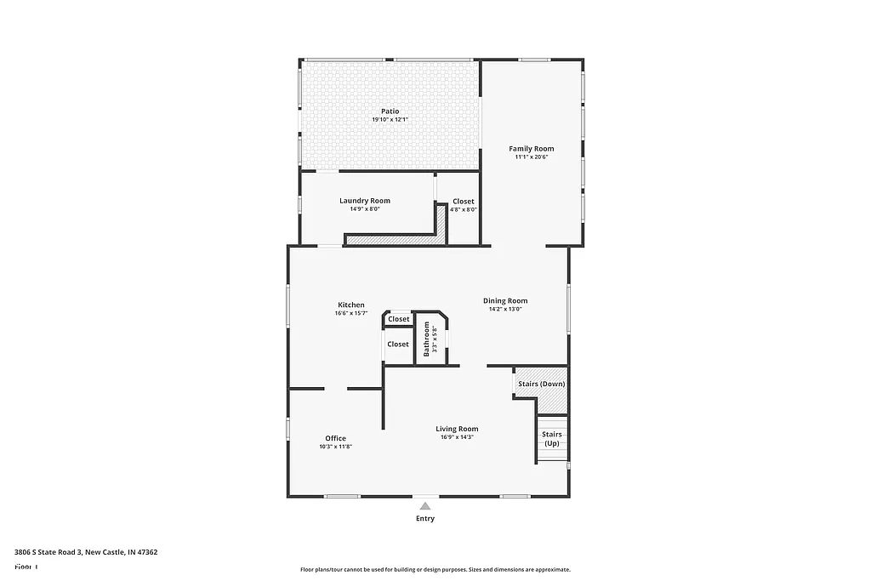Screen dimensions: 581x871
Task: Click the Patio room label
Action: coord(390,111)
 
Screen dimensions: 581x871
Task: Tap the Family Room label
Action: coord(532,149)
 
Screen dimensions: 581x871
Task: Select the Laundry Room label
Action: coord(365,201)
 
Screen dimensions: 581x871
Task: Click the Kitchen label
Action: coord(351,305)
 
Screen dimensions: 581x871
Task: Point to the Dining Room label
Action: coord(505,300)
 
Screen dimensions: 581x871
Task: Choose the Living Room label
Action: coord(457,429)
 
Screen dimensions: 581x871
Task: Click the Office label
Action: coord(335,438)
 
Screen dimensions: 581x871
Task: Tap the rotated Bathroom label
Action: coord(427,339)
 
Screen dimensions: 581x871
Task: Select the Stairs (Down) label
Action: coord(541,384)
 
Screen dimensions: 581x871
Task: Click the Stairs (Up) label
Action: coord(552,439)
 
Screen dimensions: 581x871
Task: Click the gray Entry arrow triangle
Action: coord(425,505)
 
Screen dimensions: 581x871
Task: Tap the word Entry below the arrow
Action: coord(425,519)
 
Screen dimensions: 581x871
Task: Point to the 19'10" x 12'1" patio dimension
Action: coord(390,120)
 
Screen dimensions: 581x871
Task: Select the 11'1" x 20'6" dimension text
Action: coord(532,157)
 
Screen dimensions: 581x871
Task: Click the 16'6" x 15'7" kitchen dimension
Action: coord(351,313)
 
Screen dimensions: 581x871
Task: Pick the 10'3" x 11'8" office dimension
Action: coord(335,447)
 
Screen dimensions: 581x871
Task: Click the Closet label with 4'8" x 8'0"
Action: coord(464,201)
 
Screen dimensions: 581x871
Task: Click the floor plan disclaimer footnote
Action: coord(435,570)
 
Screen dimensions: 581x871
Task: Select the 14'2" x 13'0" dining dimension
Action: coord(505,309)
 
